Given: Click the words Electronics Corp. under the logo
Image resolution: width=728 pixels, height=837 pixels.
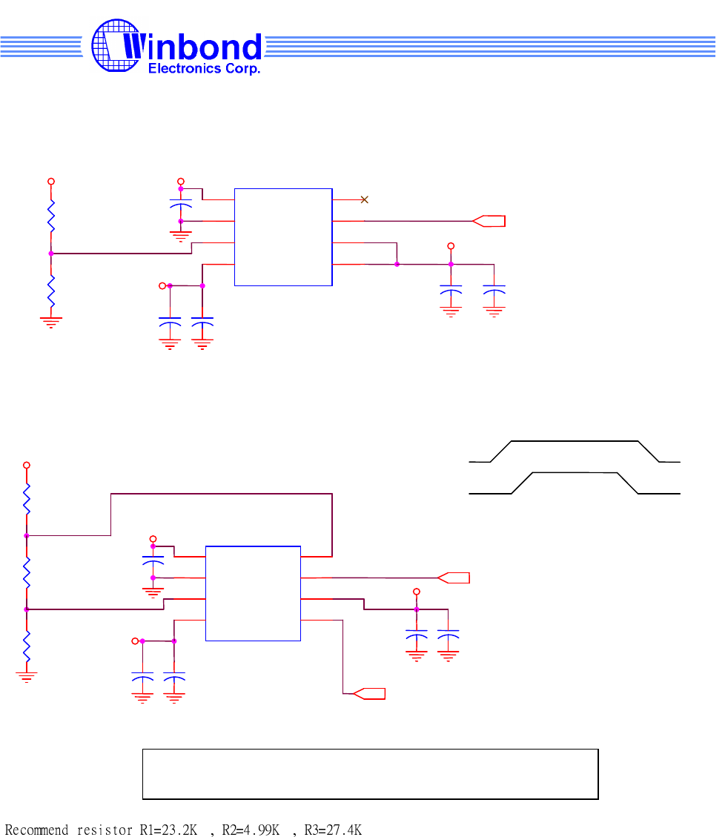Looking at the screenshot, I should point(205,69).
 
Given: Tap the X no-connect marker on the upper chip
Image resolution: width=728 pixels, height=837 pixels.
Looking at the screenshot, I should point(364,199).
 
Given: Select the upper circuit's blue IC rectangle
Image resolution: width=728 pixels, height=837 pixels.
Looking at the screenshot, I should point(283,237).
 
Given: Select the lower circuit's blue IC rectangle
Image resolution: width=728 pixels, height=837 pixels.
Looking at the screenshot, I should point(253,593).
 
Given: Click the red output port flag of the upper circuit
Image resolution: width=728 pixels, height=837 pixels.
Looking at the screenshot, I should point(489,220).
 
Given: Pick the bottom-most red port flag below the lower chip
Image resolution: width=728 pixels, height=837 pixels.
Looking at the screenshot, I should point(369,694).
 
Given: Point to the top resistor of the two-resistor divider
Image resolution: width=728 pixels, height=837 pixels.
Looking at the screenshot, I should point(51,216).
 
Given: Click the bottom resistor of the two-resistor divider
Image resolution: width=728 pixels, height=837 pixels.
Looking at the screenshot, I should point(51,291).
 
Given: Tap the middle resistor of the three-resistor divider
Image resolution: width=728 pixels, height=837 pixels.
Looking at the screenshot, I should point(27,572).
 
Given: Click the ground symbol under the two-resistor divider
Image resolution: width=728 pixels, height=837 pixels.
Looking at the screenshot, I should point(51,321).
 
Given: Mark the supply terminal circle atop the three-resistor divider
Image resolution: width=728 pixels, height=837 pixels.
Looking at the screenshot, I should point(27,465).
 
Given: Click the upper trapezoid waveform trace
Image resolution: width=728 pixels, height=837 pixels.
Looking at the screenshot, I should point(575,442).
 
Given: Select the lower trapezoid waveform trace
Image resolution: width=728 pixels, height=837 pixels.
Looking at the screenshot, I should point(575,473).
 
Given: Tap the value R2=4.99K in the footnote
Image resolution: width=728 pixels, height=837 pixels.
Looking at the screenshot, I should point(251,830).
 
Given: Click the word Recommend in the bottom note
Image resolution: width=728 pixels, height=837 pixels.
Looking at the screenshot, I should point(36,830).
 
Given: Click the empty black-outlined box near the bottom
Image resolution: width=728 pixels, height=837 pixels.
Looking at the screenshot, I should point(370,774).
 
